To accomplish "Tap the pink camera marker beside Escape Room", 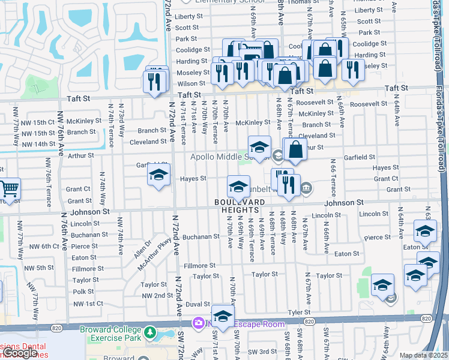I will pyautogui.click(x=197, y=324).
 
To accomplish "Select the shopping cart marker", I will pyautogui.click(x=10, y=190).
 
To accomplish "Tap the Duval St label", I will pyautogui.click(x=197, y=305).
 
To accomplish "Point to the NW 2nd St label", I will pyautogui.click(x=157, y=296).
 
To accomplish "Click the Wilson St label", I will pyautogui.click(x=191, y=83).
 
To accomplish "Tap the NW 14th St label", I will pyautogui.click(x=53, y=145).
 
